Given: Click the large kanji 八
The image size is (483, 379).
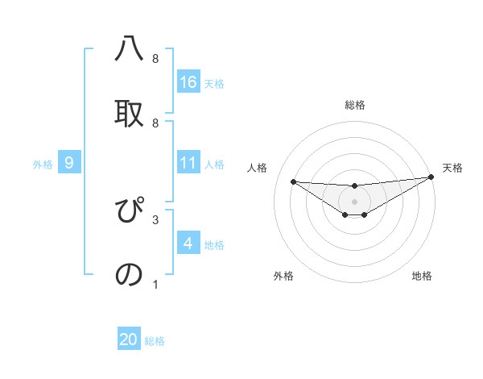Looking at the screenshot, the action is tap(130, 50).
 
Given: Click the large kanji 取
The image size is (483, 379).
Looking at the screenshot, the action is tap(130, 113).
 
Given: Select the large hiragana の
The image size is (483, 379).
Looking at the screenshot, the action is tap(130, 274).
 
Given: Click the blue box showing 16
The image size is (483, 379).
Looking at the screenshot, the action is tap(188, 81).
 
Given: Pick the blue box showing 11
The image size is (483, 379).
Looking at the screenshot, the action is tap(188, 163).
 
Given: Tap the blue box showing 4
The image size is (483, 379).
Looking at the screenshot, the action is tap(188, 244).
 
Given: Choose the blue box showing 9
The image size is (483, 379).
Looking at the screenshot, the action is tap(69, 163).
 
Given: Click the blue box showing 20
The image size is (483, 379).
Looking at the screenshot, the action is tap(129, 339).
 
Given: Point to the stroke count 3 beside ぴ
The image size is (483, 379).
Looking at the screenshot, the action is tap(155, 219).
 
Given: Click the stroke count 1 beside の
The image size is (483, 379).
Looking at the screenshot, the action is tap(155, 284).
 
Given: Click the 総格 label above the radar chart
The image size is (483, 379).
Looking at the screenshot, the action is tap(355, 105).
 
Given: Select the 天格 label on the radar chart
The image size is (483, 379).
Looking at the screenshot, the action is tap(452, 168).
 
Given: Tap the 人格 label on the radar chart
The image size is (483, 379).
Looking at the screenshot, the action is tap(258, 168).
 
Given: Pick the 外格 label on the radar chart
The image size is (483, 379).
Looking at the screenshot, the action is tap(283, 276).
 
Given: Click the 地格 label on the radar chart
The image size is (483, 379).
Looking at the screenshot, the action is tap(422, 276).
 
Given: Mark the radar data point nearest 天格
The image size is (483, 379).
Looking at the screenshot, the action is tap(431, 177).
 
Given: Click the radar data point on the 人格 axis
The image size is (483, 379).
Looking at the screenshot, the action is tap(293, 181).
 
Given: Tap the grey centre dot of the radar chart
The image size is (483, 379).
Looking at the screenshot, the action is tap(355, 201).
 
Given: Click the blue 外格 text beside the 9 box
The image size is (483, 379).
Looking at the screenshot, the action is tap(43, 164).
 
